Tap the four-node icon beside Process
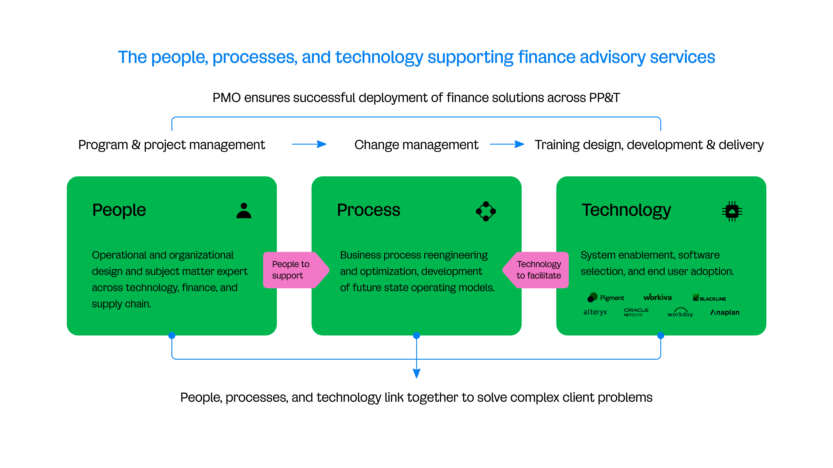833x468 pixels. [486, 211]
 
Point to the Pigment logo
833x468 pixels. [605, 297]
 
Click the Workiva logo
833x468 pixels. [657, 297]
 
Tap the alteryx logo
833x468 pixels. [595, 312]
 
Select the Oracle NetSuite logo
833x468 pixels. [636, 312]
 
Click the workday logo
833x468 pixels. [680, 313]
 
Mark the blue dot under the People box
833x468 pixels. [172, 336]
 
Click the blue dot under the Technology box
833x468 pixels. [661, 336]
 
